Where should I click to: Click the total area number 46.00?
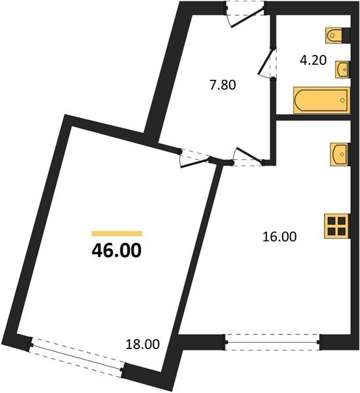tap(117, 251)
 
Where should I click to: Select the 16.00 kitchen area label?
tap(279, 236)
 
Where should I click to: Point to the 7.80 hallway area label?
tap(223, 85)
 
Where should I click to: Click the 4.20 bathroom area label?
tap(313, 60)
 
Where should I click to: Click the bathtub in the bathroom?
tap(321, 100)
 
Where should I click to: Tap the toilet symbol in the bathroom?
tap(334, 35)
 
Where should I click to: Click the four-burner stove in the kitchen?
tap(337, 226)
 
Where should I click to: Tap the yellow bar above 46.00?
tap(117, 234)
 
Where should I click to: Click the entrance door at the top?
tap(245, 14)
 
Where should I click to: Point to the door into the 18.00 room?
tap(195, 159)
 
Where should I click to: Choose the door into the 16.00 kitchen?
tap(248, 157)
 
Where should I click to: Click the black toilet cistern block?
tap(346, 35)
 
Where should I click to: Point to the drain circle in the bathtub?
tap(342, 100)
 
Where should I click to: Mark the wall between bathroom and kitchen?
tap(313, 117)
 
